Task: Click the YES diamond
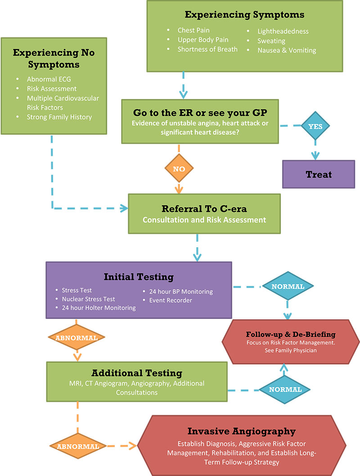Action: pyautogui.click(x=315, y=127)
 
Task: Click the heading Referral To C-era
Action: pyautogui.click(x=204, y=209)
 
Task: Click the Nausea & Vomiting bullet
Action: pyautogui.click(x=287, y=50)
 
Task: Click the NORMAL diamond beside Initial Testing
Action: pyautogui.click(x=288, y=286)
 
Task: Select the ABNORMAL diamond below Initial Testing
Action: pyautogui.click(x=76, y=336)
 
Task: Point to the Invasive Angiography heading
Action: pyautogui.click(x=235, y=431)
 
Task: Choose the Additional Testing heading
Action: pyautogui.click(x=137, y=373)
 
